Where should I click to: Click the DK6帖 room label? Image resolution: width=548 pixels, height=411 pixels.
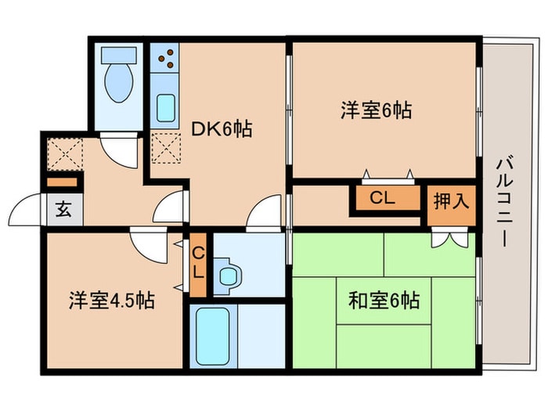tap(222, 129)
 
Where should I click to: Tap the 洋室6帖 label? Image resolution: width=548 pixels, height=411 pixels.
tap(377, 110)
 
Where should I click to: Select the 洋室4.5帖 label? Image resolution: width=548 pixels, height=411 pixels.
tap(112, 300)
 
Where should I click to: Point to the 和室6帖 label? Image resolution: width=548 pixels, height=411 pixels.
tap(384, 300)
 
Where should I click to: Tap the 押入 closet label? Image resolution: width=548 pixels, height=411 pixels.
tap(451, 202)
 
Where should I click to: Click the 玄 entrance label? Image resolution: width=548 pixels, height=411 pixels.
tap(63, 209)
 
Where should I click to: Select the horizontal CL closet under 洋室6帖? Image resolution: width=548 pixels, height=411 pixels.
tap(388, 198)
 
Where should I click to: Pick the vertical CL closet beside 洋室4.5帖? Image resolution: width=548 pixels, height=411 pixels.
tap(198, 265)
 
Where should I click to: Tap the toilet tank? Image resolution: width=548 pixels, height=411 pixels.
tap(118, 56)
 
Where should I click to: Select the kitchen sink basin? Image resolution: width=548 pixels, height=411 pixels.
tap(166, 108)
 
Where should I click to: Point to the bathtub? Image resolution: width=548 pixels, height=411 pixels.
tap(213, 336)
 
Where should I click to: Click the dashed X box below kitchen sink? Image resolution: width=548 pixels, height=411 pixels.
tap(166, 148)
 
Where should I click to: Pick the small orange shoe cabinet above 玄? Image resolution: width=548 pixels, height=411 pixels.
tap(62, 182)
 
